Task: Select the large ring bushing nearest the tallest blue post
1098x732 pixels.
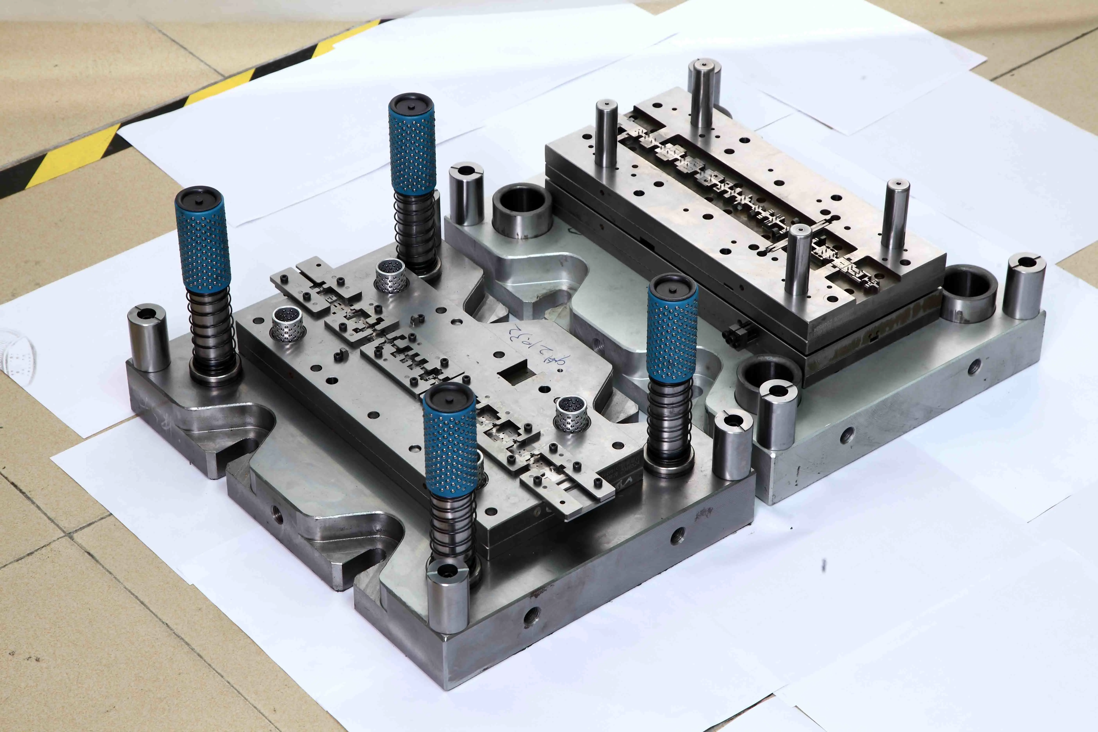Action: (x=522, y=210)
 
